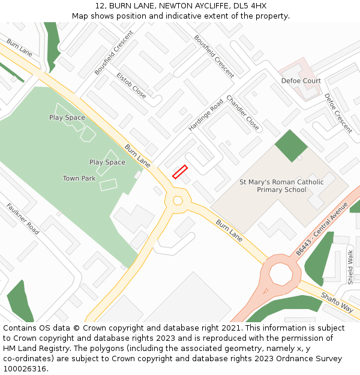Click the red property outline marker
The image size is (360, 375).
point(180,172)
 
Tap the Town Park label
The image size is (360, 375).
point(79,178)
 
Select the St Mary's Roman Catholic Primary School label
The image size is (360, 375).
point(281,186)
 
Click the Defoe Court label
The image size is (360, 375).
point(301,80)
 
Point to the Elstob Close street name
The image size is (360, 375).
point(131,86)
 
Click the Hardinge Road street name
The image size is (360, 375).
point(206,115)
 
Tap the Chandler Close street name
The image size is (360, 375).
point(243,113)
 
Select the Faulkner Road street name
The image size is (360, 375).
point(23,219)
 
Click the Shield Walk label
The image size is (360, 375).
point(350,267)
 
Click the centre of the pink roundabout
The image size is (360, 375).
point(280,274)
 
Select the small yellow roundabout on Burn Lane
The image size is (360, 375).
point(178,201)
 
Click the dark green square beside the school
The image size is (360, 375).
point(291,145)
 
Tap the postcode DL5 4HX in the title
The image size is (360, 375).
point(250,6)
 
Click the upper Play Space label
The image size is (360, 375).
point(67,118)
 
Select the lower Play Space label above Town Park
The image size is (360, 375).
point(107,162)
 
